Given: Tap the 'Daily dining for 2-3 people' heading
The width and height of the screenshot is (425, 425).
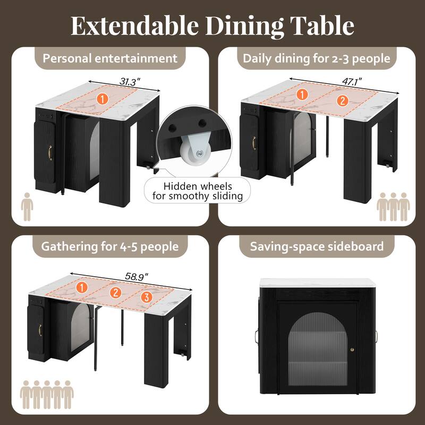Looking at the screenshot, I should pyautogui.click(x=317, y=58).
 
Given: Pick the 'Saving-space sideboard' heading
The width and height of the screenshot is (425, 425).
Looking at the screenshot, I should pyautogui.click(x=317, y=246).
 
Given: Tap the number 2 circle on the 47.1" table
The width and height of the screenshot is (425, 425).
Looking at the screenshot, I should pyautogui.click(x=342, y=99).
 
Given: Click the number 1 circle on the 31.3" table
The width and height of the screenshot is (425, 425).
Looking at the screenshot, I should pyautogui.click(x=103, y=98).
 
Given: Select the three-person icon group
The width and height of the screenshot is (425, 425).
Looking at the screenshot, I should pyautogui.click(x=393, y=207).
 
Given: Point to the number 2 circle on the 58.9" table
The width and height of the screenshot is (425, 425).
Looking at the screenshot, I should pyautogui.click(x=114, y=292).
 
